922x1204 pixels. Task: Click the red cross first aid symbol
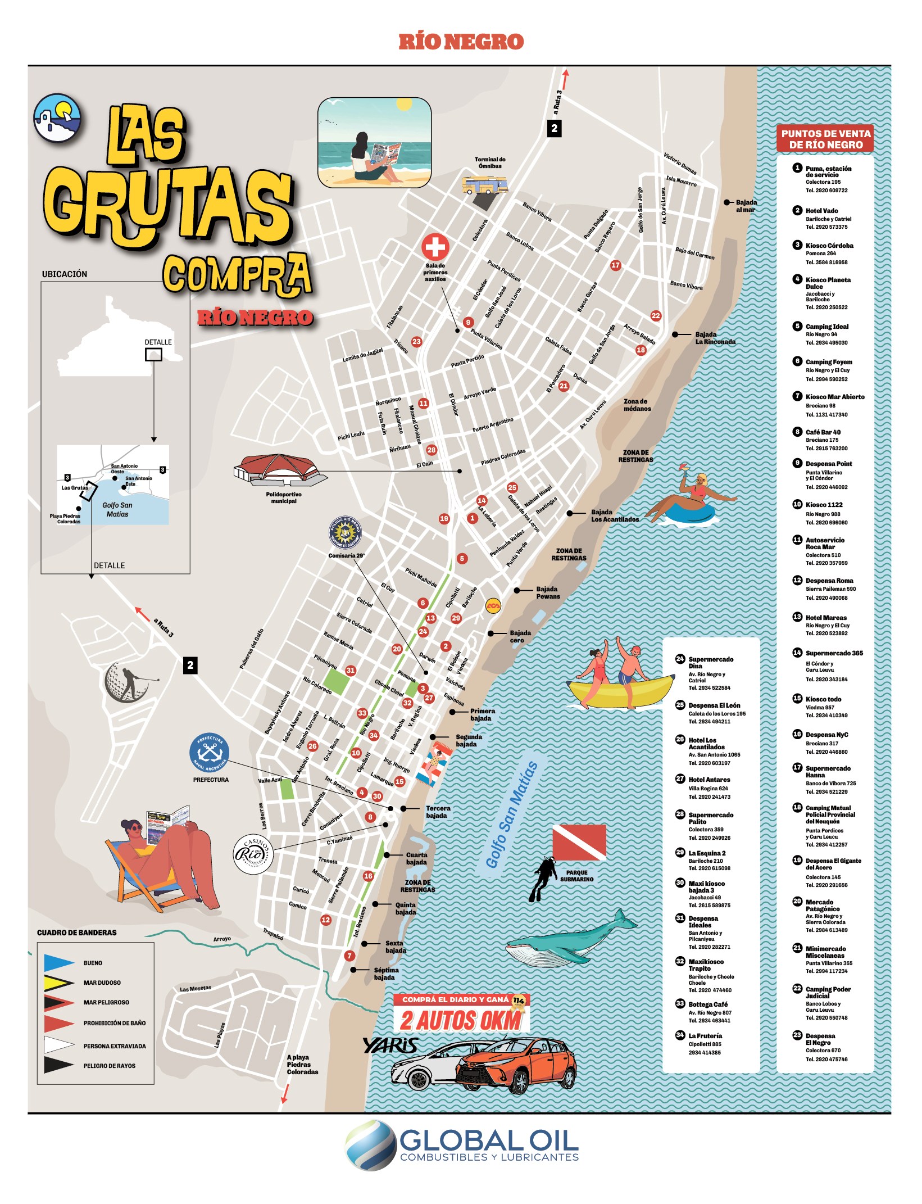pos(435,247)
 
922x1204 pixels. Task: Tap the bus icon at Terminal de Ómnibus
pos(484,184)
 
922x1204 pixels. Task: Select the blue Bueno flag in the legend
pos(58,962)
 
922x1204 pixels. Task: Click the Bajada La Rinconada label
pos(714,338)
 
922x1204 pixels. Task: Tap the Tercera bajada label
pos(437,812)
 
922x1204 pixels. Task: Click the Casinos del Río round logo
pos(253,855)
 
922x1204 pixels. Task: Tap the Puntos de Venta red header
pos(825,139)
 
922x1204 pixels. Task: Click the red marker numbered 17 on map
pos(615,265)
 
